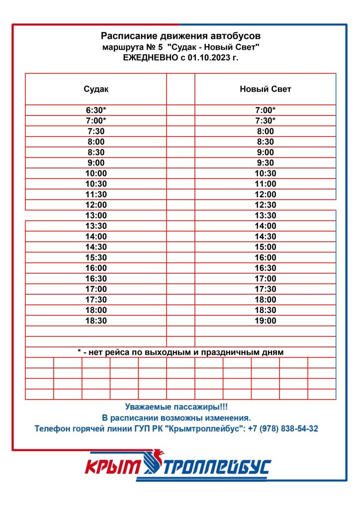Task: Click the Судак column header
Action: click(96, 89)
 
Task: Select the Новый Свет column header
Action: click(265, 89)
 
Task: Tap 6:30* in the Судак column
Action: click(96, 110)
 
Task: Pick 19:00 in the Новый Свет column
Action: click(265, 321)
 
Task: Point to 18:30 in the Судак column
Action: click(96, 321)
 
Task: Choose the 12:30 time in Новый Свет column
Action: click(265, 205)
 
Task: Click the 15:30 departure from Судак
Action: click(96, 257)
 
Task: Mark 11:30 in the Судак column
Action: click(96, 194)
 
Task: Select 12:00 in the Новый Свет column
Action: click(265, 194)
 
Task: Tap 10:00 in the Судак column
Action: click(96, 173)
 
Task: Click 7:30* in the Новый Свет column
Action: click(265, 121)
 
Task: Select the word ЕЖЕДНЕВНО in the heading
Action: click(147, 58)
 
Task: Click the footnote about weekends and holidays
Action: click(180, 352)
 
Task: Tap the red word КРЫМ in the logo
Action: click(113, 467)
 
